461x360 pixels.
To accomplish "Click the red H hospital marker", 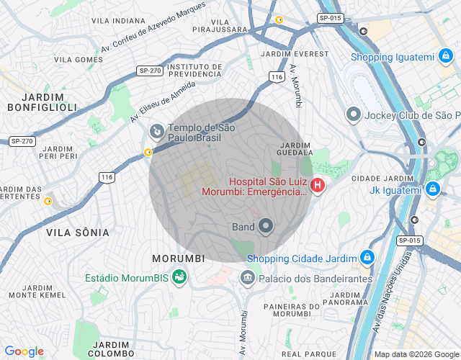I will (x=318, y=186).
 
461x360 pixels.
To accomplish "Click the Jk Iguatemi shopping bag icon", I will (x=432, y=189).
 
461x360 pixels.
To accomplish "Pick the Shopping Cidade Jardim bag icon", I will (x=367, y=258).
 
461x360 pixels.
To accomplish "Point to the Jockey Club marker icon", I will (x=354, y=114).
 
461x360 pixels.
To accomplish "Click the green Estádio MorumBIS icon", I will (x=179, y=277).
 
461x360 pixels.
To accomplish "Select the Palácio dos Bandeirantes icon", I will (x=248, y=277).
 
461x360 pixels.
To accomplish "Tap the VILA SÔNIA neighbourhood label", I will (x=77, y=233).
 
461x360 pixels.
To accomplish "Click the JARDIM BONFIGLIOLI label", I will (x=42, y=102).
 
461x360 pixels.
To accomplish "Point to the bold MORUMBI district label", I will (x=179, y=258).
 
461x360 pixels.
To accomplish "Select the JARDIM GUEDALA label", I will (x=296, y=148).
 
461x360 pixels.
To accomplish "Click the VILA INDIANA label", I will (x=118, y=21).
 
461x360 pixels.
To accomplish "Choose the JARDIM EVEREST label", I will (x=285, y=54).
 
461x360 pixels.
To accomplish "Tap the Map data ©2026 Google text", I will (x=416, y=354).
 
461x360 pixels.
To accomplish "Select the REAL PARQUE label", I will (x=309, y=354).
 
